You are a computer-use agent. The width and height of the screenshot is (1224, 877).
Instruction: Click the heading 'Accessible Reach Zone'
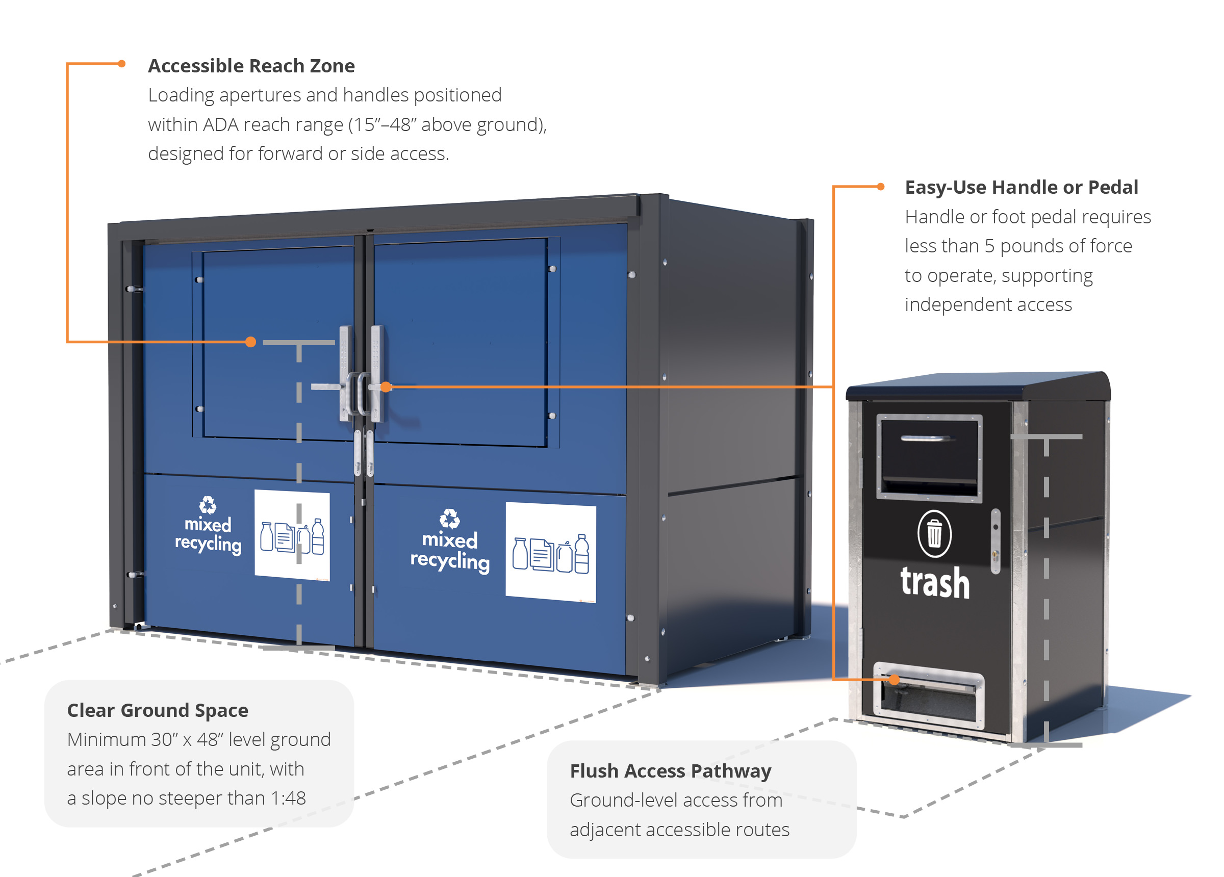[x=251, y=66]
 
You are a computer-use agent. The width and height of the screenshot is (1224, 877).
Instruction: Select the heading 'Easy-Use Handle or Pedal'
[x=1021, y=187]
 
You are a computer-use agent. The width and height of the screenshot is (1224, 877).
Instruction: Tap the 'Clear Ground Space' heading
[x=158, y=710]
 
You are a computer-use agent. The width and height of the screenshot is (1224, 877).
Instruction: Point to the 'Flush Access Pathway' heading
[x=670, y=770]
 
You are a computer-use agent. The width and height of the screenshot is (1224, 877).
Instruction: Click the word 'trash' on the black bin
[x=935, y=583]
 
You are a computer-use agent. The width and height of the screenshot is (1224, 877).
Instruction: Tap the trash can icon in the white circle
[x=934, y=534]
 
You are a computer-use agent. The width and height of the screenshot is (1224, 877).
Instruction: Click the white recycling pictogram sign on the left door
[x=292, y=535]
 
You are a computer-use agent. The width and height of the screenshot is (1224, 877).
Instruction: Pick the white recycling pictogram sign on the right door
[x=550, y=553]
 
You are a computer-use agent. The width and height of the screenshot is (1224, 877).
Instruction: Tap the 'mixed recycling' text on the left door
[x=208, y=534]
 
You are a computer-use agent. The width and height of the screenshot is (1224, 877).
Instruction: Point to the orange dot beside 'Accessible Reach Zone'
[x=122, y=64]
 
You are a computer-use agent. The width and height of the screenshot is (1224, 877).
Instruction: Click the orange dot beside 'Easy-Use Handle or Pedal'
[x=881, y=187]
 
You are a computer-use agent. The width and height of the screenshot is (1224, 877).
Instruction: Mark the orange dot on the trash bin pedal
[x=894, y=680]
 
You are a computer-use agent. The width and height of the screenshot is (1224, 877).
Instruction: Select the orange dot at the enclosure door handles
[x=386, y=387]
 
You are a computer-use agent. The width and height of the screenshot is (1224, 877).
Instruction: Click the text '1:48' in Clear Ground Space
[x=288, y=797]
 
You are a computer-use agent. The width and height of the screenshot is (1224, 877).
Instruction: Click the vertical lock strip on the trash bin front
[x=996, y=541]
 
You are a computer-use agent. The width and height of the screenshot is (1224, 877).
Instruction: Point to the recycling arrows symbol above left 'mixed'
[x=208, y=505]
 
